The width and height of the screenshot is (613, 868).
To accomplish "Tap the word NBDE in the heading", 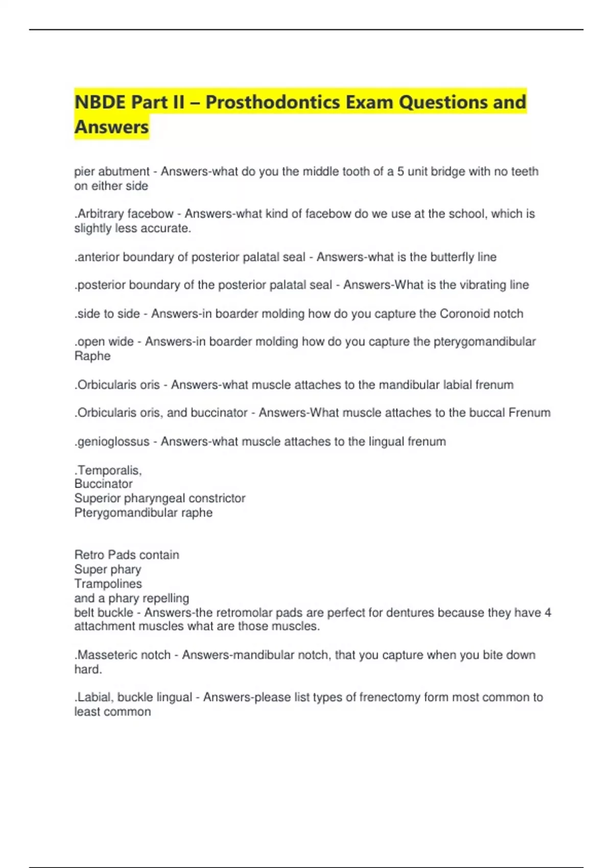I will point(100,102).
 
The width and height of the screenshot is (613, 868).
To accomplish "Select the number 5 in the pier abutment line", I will point(400,172).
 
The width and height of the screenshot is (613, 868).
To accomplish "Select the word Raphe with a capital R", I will point(92,356).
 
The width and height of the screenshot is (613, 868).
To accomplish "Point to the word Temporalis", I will point(109,470).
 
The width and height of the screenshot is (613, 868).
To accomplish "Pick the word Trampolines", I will point(108,584).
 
